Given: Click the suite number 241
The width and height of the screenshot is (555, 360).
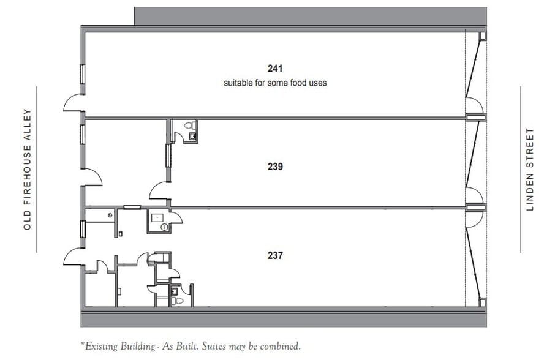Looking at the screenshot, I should tap(275, 68).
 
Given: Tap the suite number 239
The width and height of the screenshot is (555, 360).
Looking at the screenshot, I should tap(275, 166).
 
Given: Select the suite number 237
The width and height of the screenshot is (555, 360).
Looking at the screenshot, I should tap(275, 255).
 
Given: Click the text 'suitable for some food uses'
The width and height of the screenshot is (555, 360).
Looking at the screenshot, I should tap(275, 83).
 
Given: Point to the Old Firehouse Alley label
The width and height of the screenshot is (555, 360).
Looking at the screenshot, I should tap(26, 170).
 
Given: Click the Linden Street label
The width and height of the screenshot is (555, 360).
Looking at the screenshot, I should tap(530, 169).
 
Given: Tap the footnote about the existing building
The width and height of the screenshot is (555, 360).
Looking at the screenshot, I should tap(191, 347).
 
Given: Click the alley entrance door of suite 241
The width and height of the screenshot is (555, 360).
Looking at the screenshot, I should tap(74, 102).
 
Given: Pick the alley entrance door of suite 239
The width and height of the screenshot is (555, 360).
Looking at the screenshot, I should tap(92, 178).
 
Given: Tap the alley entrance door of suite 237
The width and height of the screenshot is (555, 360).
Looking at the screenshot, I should tap(74, 257).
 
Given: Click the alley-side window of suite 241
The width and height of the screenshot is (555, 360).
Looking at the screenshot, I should tap(82, 74).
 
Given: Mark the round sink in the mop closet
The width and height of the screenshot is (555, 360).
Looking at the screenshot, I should tap(164, 227).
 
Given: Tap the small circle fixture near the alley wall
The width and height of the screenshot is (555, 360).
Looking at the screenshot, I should tap(110, 215).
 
